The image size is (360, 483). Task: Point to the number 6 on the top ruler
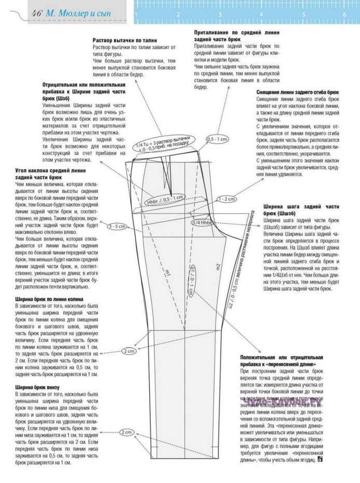pos(344,15)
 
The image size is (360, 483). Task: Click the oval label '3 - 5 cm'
pos(117,227)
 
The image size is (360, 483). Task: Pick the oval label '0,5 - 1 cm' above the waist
pos(217,140)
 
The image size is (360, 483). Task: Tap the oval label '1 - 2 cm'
pos(226,199)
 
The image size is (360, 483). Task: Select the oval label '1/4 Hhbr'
pos(203,223)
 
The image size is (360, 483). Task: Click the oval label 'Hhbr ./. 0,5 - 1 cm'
pos(165,199)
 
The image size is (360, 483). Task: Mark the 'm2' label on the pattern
pos(219,267)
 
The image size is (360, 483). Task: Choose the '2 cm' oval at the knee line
pos(129,352)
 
